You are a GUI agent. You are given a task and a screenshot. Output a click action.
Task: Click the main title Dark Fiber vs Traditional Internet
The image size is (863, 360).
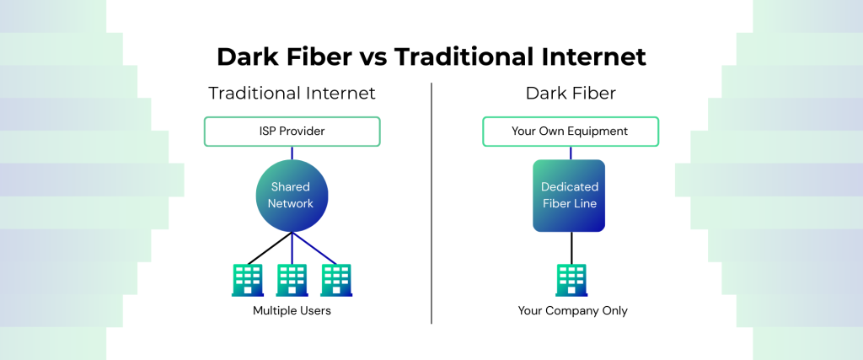click(431, 57)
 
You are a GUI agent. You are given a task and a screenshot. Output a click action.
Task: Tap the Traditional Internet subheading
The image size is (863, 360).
click(292, 93)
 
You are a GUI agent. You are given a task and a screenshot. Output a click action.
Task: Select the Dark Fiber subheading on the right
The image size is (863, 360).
click(571, 93)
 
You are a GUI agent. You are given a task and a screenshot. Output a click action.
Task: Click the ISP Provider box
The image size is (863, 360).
click(292, 132)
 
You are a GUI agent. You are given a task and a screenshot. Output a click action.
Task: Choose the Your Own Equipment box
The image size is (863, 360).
click(571, 132)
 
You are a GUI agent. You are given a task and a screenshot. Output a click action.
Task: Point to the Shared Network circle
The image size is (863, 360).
click(292, 196)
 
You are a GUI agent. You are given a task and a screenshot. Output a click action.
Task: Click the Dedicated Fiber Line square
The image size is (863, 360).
click(569, 196)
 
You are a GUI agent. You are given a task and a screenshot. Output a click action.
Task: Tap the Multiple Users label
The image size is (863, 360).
click(292, 310)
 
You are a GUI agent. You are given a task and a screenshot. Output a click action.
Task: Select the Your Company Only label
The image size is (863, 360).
click(572, 310)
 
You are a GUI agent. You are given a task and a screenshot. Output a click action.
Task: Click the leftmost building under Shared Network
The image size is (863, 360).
click(248, 280)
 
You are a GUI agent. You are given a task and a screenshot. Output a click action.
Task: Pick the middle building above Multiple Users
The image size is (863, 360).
click(292, 280)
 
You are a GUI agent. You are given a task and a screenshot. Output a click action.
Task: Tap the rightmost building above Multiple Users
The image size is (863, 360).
click(336, 280)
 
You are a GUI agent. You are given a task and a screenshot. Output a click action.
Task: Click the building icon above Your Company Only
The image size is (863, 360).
click(571, 280)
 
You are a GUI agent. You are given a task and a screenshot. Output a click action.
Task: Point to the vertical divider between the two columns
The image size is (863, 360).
click(431, 203)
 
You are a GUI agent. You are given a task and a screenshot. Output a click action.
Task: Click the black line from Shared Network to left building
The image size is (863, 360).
click(270, 248)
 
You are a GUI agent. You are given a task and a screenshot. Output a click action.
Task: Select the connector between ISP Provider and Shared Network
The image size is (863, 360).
click(292, 153)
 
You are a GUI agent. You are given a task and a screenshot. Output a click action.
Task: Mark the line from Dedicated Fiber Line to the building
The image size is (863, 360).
click(571, 248)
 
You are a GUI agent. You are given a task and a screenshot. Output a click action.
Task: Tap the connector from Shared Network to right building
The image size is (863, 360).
click(314, 248)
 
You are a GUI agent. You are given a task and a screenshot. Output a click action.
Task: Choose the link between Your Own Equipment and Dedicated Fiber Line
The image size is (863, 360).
click(571, 153)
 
